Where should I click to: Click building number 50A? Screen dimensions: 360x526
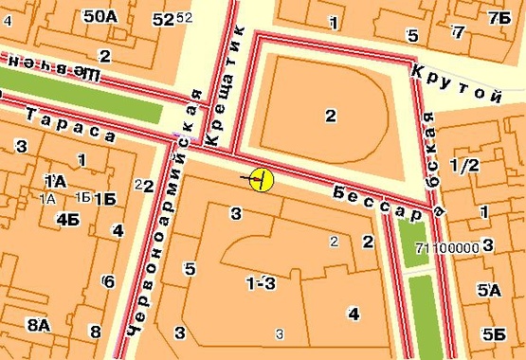[x=100, y=16]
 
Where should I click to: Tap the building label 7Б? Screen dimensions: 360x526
[x=498, y=18]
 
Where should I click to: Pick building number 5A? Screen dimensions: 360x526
[x=488, y=291]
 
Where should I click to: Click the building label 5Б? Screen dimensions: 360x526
[x=493, y=333]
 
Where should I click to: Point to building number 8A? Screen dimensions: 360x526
[x=39, y=326]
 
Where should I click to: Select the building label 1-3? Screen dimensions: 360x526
[x=261, y=283]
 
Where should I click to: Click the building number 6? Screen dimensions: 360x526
[x=109, y=281]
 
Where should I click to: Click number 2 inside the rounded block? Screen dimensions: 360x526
[x=330, y=117]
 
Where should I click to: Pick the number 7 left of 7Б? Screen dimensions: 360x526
[x=459, y=32]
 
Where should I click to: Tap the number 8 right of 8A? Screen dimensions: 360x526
[x=95, y=332]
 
